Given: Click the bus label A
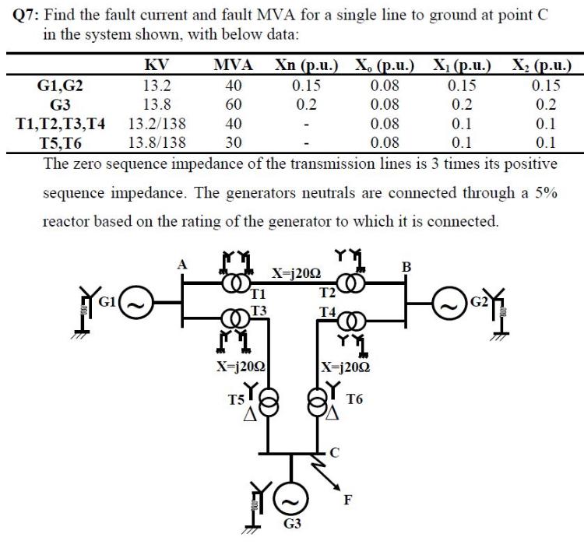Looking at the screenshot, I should point(185,265).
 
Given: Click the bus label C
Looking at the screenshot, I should point(335,451).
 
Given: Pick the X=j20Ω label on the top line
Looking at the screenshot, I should point(295,272).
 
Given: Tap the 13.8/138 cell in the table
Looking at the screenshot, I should point(157,142).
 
